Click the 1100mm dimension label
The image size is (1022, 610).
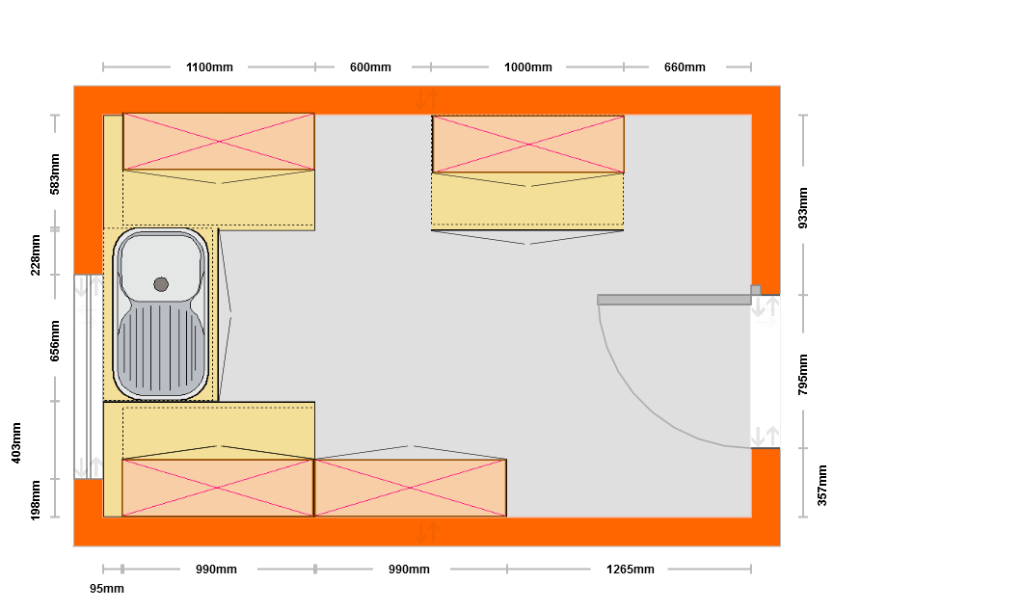(209, 67)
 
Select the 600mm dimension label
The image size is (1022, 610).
(370, 67)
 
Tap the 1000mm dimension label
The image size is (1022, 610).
(528, 67)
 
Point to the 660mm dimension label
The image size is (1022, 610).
(685, 67)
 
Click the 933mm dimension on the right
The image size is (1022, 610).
(803, 208)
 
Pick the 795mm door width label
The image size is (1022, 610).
(803, 374)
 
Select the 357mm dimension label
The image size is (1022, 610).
(821, 485)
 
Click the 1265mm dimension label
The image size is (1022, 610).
(631, 569)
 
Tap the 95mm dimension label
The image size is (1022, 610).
(107, 589)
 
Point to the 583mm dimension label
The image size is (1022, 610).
(55, 174)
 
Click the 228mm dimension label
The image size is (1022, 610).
(36, 254)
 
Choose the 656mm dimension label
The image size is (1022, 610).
(55, 340)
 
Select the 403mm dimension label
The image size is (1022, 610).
(16, 443)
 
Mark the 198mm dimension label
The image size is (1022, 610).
(36, 500)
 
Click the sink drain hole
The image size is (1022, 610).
(161, 284)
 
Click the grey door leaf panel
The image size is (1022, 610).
(674, 300)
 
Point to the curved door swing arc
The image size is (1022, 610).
(652, 404)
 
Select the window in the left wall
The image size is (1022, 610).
(88, 377)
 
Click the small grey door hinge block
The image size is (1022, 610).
(756, 290)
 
